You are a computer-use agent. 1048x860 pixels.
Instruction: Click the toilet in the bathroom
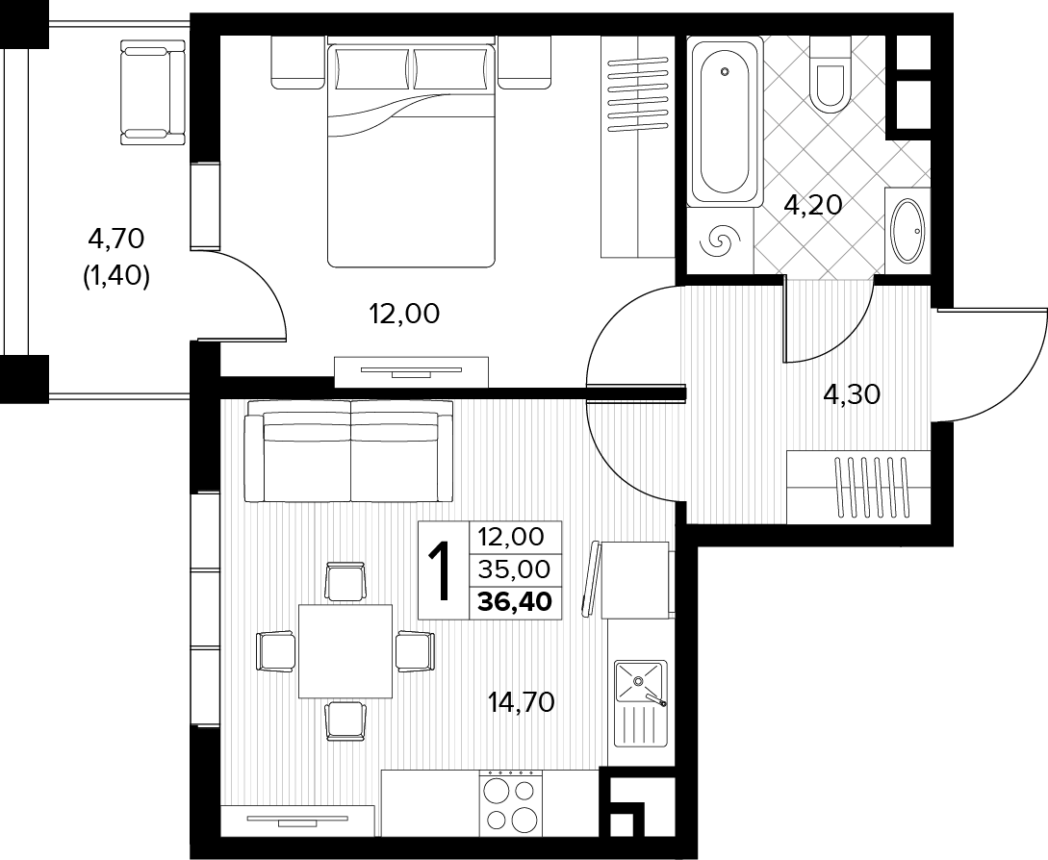click(x=830, y=72)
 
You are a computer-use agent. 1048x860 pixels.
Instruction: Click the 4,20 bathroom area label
click(x=813, y=205)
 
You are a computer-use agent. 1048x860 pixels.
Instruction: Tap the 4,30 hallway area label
click(x=852, y=395)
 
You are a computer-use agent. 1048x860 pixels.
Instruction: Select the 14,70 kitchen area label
click(x=522, y=702)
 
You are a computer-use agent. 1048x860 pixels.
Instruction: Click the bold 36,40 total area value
click(x=515, y=602)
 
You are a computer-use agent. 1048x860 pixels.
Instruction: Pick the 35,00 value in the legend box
click(x=515, y=569)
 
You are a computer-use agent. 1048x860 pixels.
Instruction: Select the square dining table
click(x=345, y=650)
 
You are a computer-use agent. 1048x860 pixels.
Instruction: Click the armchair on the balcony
click(x=152, y=91)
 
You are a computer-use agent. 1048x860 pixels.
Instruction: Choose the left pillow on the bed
click(x=372, y=68)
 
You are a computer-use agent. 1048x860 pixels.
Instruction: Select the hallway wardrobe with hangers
click(x=858, y=487)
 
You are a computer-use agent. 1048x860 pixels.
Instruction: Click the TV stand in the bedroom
click(x=411, y=372)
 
